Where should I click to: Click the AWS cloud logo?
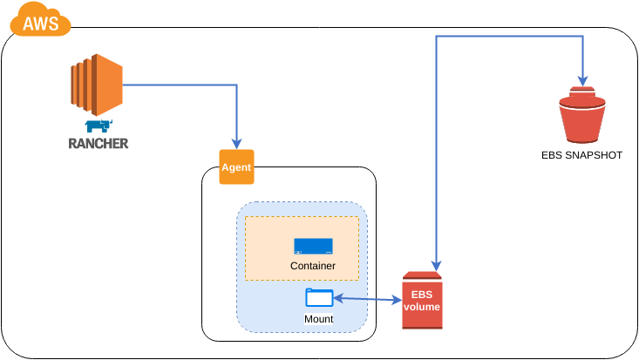coord(40,20)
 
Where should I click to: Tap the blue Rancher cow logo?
coord(98,127)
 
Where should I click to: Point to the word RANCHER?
coord(98,144)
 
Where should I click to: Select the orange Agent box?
coord(236,167)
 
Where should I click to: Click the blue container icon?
coord(313,246)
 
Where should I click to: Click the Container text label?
coord(312,265)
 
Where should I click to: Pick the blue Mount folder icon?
coord(319,297)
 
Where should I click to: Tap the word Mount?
coord(319,319)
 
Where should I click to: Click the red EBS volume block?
coord(422,301)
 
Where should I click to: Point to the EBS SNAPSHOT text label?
coord(581,156)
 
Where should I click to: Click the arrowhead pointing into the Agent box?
coord(236,144)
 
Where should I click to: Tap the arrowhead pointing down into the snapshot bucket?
coord(581,78)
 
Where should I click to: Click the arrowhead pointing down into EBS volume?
coord(437,265)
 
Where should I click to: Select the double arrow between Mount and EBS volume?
coord(367,300)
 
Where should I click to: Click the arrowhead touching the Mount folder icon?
coord(337,298)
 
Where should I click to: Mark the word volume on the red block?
coord(422,308)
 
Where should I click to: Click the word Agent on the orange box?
coord(236,167)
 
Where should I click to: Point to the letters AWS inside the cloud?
coord(41,24)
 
